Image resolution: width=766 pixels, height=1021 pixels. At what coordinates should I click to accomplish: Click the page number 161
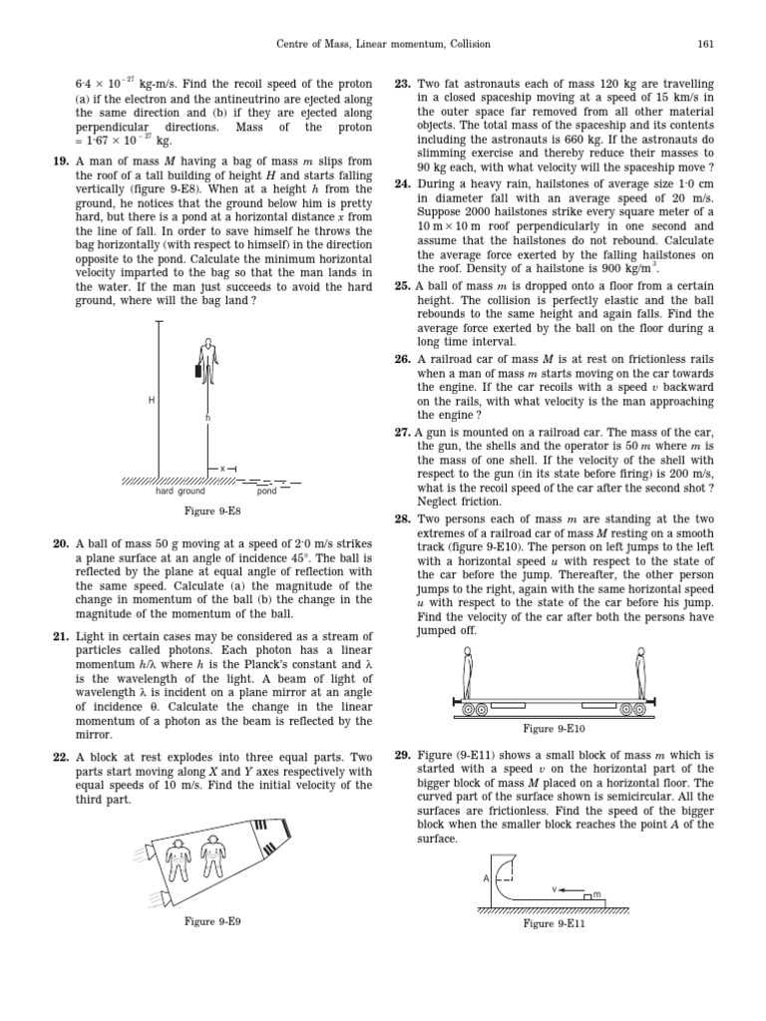pyautogui.click(x=705, y=44)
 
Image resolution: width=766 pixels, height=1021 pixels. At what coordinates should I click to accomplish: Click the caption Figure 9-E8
pyautogui.click(x=212, y=511)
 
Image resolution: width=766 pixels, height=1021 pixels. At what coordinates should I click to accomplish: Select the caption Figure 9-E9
pyautogui.click(x=212, y=921)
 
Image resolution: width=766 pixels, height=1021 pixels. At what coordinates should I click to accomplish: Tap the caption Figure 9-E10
pyautogui.click(x=554, y=729)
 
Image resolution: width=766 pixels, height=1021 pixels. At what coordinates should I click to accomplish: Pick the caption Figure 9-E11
pyautogui.click(x=554, y=924)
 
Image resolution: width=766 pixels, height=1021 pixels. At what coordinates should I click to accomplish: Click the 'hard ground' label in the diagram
pyautogui.click(x=180, y=491)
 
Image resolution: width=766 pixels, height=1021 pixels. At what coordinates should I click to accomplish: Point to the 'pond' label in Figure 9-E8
pyautogui.click(x=267, y=491)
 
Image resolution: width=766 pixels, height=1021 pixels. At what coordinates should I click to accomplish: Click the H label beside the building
pyautogui.click(x=152, y=400)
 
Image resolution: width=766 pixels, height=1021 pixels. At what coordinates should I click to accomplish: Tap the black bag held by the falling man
pyautogui.click(x=198, y=371)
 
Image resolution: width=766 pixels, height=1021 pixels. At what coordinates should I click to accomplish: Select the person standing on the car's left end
pyautogui.click(x=468, y=673)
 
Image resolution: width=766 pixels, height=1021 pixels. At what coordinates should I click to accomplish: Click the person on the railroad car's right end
pyautogui.click(x=641, y=673)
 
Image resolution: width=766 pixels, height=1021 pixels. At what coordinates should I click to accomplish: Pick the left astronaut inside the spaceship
pyautogui.click(x=178, y=858)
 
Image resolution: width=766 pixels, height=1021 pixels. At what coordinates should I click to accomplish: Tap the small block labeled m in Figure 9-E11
pyautogui.click(x=588, y=896)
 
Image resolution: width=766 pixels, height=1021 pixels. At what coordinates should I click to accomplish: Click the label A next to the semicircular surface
pyautogui.click(x=486, y=877)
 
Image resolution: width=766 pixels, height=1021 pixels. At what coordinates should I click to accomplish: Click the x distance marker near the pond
pyautogui.click(x=221, y=469)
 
